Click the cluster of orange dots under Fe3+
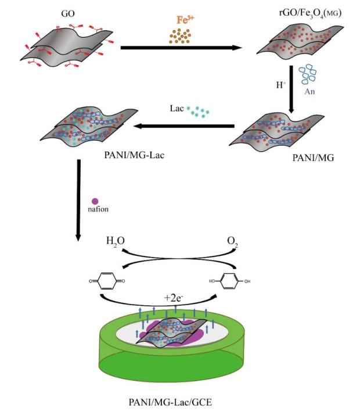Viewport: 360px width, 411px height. (x=182, y=37)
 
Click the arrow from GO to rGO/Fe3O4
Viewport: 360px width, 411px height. (x=180, y=48)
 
